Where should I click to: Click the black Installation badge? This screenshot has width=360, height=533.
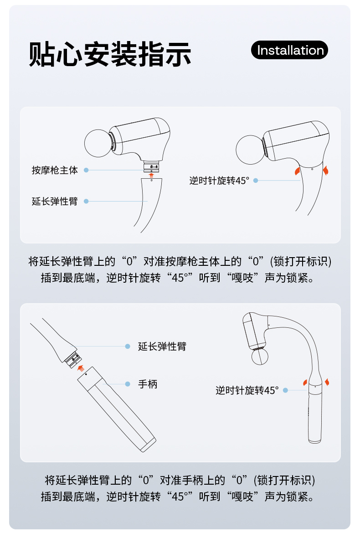289,50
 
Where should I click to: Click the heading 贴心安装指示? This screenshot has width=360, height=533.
110,54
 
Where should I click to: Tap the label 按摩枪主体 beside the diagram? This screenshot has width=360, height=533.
55,170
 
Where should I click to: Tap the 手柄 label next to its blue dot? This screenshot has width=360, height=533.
148,384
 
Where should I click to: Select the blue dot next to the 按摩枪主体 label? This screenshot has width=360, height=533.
86,170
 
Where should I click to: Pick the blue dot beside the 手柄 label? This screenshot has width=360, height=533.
128,384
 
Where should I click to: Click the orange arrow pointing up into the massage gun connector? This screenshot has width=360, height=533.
151,176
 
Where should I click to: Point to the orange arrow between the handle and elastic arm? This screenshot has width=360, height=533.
81,368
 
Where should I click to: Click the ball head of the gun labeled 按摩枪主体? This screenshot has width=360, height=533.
98,143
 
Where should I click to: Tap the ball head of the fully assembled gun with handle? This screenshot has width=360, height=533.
260,357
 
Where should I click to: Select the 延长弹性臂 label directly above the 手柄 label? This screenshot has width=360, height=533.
162,347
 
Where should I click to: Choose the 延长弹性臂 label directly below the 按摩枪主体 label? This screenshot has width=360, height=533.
55,201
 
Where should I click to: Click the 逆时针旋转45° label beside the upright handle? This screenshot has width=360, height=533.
247,390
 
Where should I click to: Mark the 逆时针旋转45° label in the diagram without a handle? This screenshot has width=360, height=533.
219,181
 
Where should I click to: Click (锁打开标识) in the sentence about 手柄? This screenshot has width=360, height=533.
285,480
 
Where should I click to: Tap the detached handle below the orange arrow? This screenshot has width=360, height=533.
116,409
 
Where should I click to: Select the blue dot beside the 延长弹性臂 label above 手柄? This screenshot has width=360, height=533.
128,347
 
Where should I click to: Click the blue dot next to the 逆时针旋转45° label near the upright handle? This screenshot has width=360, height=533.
286,390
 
